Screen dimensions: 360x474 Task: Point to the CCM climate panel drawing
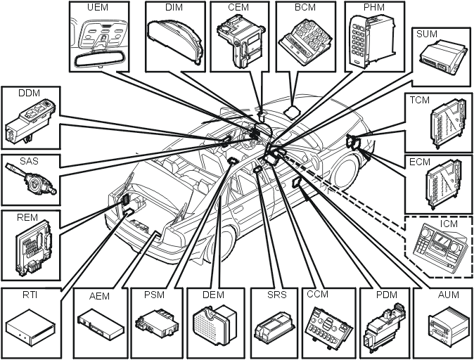326,326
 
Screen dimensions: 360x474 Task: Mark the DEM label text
213,295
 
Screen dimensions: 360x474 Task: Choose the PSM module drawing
156,325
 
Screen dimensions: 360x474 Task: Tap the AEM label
99,296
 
